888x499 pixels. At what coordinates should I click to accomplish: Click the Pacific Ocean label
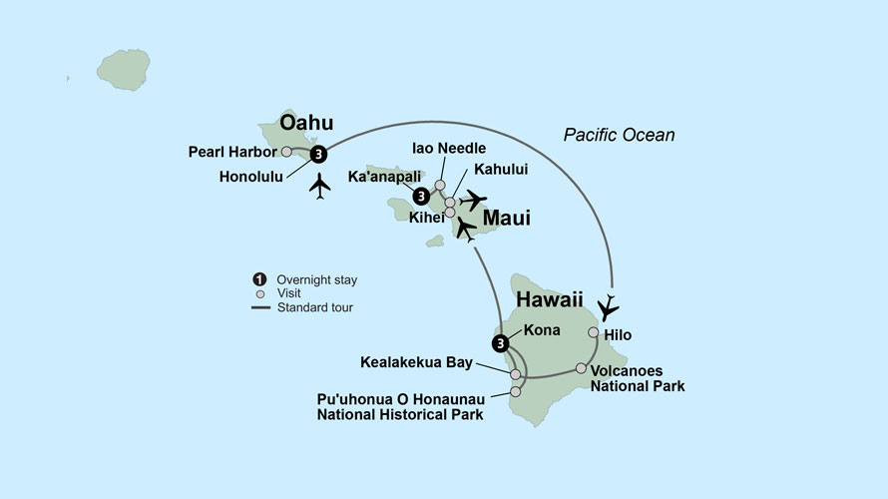click(x=619, y=135)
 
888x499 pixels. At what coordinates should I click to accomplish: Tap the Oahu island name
click(x=306, y=124)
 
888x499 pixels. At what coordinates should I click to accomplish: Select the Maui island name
click(x=506, y=217)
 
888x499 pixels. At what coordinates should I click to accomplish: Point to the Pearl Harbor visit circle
click(x=286, y=153)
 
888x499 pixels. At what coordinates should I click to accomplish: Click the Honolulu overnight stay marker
click(x=318, y=154)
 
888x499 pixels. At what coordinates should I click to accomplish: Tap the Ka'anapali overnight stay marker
click(x=421, y=196)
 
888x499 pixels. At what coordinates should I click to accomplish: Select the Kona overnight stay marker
click(x=499, y=344)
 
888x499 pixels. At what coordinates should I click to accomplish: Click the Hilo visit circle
click(x=594, y=332)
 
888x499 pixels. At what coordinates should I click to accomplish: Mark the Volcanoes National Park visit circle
click(x=581, y=368)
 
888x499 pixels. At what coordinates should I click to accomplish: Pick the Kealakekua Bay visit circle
click(x=515, y=374)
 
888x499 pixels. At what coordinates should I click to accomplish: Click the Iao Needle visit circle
click(x=440, y=185)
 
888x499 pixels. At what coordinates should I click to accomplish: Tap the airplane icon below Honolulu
click(x=320, y=186)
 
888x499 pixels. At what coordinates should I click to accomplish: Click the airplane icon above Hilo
click(x=608, y=306)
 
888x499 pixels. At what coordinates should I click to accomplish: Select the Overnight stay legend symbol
click(x=258, y=280)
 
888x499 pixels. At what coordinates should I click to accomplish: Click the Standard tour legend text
click(x=316, y=308)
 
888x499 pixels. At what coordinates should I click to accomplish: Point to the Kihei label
click(x=426, y=216)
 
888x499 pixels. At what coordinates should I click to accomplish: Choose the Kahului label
click(x=501, y=170)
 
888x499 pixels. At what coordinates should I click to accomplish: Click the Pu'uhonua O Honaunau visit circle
click(x=515, y=392)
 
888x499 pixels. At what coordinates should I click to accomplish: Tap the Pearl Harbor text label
click(x=232, y=153)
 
